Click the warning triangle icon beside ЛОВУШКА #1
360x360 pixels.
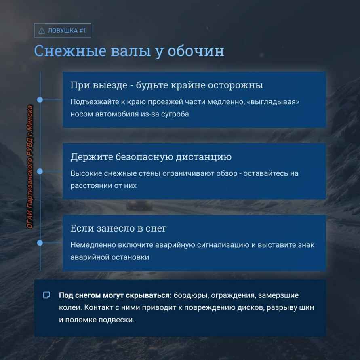(42, 31)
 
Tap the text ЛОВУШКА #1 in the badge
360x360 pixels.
(67, 31)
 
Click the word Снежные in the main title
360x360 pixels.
(70, 51)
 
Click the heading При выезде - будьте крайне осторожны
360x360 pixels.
(166, 85)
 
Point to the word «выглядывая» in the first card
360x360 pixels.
(273, 102)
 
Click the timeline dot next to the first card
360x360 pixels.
(40, 100)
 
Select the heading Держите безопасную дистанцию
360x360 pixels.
(151, 157)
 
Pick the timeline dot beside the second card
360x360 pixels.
(40, 171)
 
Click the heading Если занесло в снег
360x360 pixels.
(118, 228)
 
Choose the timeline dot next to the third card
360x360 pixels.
(40, 243)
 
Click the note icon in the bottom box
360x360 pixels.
(46, 295)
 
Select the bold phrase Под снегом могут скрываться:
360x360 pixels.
(115, 295)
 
